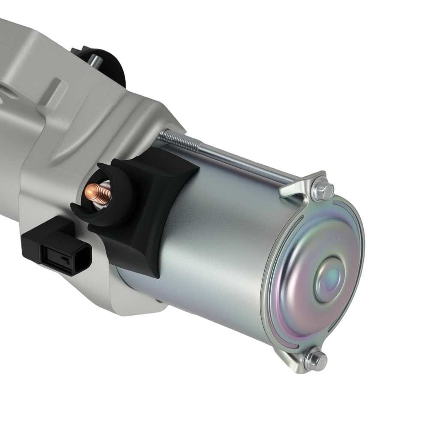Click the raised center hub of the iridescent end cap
[x=329, y=279]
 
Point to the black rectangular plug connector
[x=58, y=247]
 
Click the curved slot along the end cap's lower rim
[x=300, y=339]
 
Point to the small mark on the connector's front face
[x=63, y=259]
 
